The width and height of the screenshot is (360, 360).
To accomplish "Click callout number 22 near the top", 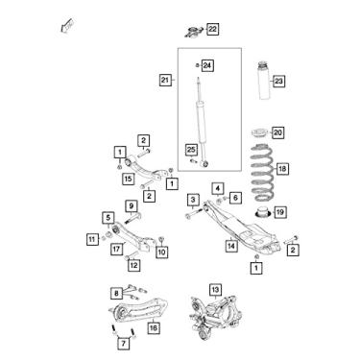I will [212, 29].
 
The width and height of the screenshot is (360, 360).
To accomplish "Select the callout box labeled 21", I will [164, 79].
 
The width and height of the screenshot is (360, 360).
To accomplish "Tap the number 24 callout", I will [206, 65].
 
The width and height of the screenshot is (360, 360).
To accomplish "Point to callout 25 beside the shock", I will [192, 149].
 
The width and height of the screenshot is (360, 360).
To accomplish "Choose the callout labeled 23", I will [279, 82].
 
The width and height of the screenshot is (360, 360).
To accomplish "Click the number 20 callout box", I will [277, 132].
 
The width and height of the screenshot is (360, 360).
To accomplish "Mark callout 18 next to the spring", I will [281, 168].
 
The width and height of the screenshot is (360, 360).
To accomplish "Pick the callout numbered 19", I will [279, 212].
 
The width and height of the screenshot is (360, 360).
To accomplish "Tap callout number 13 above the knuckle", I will [215, 288].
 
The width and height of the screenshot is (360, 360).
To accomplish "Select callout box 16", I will [153, 327].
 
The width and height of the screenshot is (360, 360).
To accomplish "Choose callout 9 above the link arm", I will [131, 205].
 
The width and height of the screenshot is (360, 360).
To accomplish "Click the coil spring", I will [256, 173].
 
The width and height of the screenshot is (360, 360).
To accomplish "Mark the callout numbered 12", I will [134, 265].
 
